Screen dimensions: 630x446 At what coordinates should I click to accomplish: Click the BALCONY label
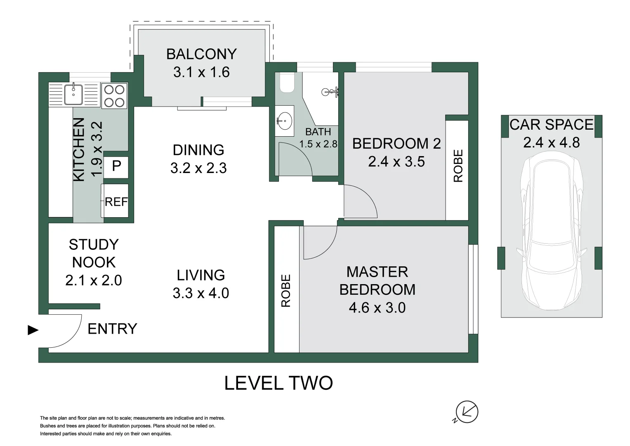[x=201, y=54]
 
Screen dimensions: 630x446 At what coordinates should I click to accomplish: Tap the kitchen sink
[x=73, y=94]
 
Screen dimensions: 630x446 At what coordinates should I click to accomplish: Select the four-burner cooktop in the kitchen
[x=114, y=96]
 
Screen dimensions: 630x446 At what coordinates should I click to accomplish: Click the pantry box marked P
[x=116, y=167]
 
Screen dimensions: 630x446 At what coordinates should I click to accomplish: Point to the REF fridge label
[x=116, y=202]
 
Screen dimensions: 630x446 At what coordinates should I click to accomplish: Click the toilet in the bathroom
[x=287, y=82]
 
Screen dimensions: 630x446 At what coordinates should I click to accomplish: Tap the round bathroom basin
[x=284, y=121]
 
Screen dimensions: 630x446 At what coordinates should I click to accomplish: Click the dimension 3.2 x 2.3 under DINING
[x=198, y=168]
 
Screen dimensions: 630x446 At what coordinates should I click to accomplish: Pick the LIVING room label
[x=201, y=275]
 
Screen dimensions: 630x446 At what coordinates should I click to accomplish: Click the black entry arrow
[x=33, y=330]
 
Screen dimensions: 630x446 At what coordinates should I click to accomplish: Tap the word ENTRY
[x=112, y=329]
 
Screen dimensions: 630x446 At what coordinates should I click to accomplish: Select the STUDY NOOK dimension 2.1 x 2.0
[x=93, y=280]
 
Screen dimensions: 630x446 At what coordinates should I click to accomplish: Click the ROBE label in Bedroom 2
[x=458, y=166]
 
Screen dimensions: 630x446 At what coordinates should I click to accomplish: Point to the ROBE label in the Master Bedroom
[x=286, y=291]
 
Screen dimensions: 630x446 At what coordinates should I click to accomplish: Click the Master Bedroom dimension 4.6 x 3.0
[x=377, y=308]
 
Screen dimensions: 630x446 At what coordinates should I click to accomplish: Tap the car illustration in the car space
[x=551, y=230]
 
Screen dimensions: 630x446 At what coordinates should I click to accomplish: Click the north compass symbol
[x=466, y=412]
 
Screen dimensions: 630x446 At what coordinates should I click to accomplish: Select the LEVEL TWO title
[x=278, y=383]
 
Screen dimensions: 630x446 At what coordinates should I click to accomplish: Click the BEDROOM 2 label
[x=396, y=144]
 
